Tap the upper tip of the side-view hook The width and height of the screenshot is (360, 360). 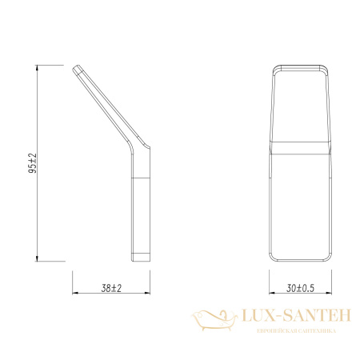click(x=78, y=70)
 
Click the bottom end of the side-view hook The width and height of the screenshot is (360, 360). click(x=140, y=258)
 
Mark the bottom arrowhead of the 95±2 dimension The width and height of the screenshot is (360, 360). click(x=38, y=258)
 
